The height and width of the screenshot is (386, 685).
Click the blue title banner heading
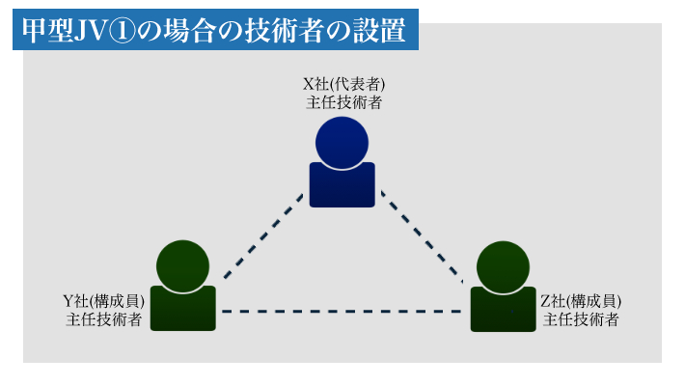click(215, 30)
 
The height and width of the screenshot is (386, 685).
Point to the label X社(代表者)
click(343, 84)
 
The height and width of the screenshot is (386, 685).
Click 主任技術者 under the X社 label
click(343, 102)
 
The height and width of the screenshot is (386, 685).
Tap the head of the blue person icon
click(342, 143)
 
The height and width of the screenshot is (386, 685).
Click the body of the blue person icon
click(342, 185)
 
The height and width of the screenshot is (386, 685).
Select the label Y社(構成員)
click(103, 301)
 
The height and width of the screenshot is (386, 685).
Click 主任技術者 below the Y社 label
click(103, 319)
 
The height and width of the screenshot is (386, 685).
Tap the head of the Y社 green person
click(182, 266)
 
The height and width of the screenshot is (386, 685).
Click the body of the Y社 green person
click(183, 309)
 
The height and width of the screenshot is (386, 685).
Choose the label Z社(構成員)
click(581, 301)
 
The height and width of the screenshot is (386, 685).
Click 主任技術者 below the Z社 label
click(581, 319)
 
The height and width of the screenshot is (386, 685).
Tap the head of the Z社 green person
click(504, 267)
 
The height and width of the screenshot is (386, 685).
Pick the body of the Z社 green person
click(504, 310)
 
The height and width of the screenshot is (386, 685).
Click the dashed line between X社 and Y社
click(263, 236)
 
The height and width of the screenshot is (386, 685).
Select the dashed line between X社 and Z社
click(422, 236)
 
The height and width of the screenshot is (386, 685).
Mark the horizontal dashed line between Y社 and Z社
click(342, 312)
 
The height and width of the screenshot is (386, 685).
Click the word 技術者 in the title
click(285, 30)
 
